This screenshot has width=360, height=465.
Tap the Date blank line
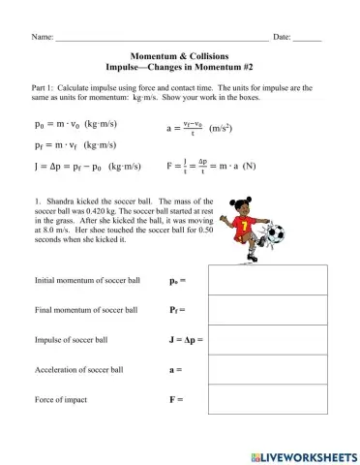307,38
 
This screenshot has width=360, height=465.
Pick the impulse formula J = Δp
84,167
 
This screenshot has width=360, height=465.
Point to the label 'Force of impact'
65,400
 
